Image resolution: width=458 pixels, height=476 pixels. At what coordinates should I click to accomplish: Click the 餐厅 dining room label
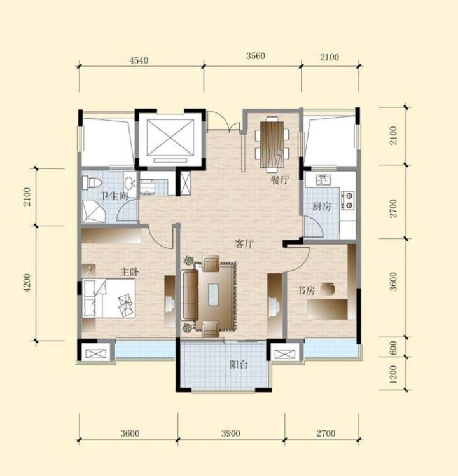tap(280, 180)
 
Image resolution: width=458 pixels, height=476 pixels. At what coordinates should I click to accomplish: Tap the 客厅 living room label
tap(244, 243)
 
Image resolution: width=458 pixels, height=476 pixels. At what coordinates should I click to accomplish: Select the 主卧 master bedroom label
tap(130, 271)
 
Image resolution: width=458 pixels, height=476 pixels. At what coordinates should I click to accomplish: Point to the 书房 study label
tap(306, 290)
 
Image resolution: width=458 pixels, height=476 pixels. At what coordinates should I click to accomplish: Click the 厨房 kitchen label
tap(321, 207)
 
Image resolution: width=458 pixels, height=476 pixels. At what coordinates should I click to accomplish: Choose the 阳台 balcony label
tap(239, 364)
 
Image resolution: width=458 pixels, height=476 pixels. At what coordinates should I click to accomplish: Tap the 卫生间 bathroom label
tap(114, 196)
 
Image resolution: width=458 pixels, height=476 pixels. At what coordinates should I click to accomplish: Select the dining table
tap(272, 144)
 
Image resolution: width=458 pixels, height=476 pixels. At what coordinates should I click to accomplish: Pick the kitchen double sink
tap(323, 180)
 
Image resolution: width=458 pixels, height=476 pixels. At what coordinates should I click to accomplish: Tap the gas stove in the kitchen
tap(347, 200)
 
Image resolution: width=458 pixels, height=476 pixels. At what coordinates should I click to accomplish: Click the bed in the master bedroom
tap(109, 299)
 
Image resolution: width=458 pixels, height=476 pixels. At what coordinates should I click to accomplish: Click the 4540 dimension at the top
tap(139, 60)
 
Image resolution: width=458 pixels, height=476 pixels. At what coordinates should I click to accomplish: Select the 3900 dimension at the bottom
tap(231, 433)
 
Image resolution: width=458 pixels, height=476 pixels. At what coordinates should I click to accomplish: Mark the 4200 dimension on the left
tap(27, 283)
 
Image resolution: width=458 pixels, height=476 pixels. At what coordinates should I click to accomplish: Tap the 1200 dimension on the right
tap(393, 374)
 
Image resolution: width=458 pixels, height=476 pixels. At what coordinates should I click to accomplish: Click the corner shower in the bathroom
tap(94, 212)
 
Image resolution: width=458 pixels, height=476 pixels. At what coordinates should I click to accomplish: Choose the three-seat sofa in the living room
tap(190, 294)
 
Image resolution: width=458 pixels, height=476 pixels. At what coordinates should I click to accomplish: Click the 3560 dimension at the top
tap(256, 56)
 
